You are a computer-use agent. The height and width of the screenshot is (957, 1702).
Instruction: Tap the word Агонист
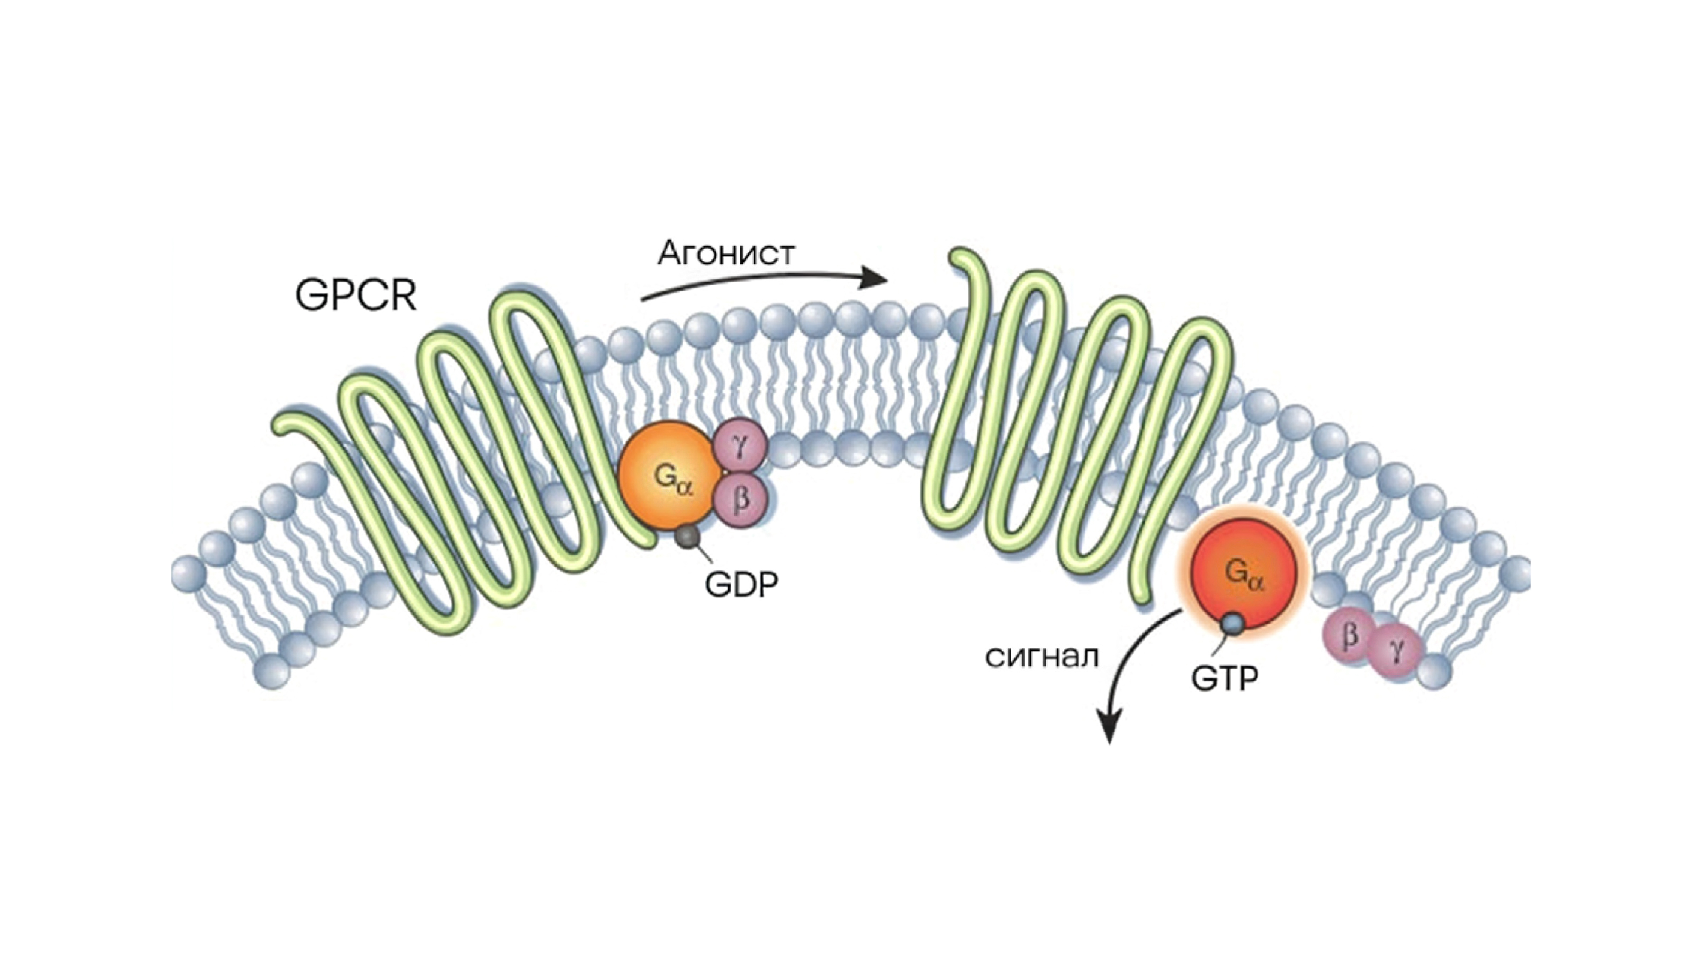(726, 253)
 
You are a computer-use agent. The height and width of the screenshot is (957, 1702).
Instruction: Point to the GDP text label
(741, 584)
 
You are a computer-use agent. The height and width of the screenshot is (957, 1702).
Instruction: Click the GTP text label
(1224, 678)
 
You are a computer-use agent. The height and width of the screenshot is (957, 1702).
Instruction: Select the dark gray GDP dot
(687, 536)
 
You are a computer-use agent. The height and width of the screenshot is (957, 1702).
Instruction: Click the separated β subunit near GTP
(1350, 635)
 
